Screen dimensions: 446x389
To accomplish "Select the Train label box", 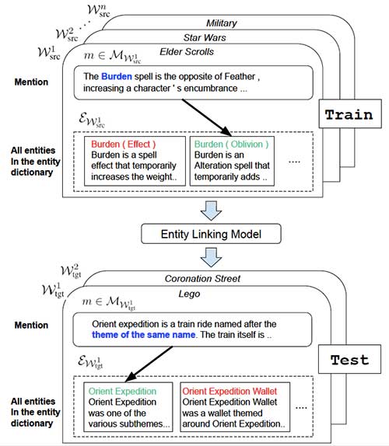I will [349, 114].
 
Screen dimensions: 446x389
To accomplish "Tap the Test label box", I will [349, 361].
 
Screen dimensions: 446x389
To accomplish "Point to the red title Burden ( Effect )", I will [124, 145].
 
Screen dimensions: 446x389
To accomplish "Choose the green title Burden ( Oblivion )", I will [231, 145].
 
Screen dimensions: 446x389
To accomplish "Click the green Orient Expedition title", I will [123, 391].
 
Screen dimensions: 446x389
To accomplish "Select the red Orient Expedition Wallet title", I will [233, 391].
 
